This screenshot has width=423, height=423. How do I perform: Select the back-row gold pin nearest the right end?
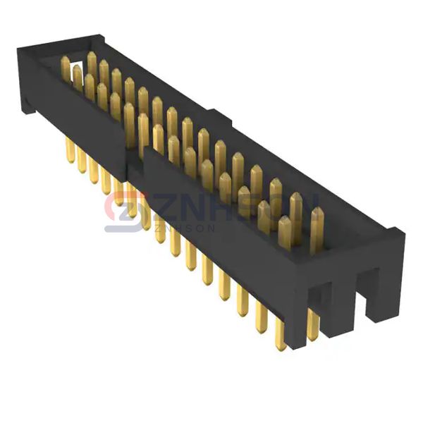point(316,227)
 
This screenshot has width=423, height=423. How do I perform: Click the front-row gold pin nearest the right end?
point(285,233)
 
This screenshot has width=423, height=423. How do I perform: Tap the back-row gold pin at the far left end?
point(66,68)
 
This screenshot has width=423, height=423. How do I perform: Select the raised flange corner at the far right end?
point(398,233)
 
